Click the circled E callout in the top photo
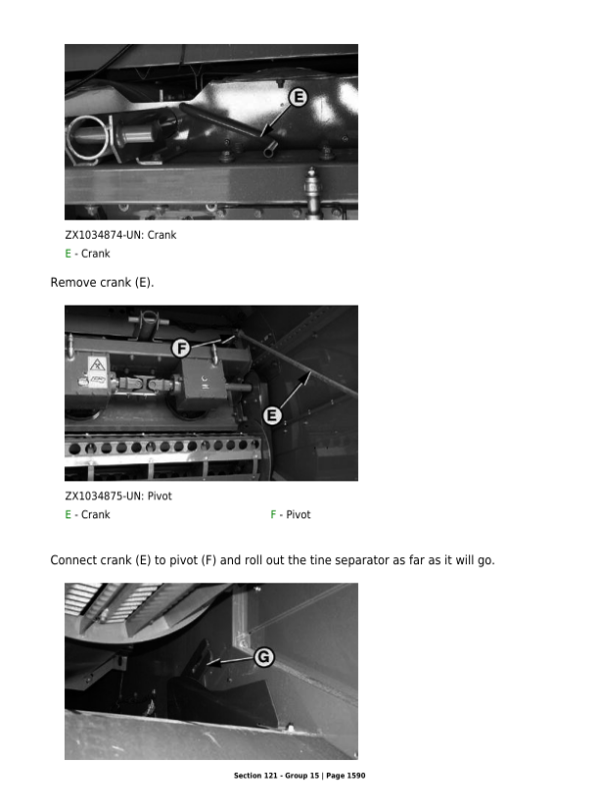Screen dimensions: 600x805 [298, 97]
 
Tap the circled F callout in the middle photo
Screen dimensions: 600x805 [181, 349]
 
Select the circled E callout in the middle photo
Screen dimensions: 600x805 [272, 415]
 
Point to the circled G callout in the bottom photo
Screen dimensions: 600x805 [264, 656]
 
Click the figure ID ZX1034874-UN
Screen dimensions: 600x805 [104, 235]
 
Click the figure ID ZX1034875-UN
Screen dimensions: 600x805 [104, 496]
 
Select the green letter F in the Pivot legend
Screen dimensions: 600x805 [274, 514]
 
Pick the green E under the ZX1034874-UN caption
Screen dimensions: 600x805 [68, 254]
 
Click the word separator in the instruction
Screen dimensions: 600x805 [362, 560]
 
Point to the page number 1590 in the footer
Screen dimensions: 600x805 [355, 776]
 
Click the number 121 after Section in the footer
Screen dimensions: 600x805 [270, 776]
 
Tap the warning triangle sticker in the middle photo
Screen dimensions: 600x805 [97, 364]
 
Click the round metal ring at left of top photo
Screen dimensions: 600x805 [88, 137]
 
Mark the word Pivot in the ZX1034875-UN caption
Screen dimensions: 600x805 [159, 496]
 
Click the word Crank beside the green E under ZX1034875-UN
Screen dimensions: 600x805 [96, 514]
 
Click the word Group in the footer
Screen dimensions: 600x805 [297, 776]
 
